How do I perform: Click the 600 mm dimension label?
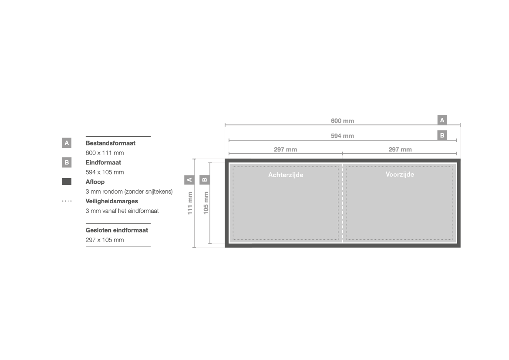[x=342, y=121]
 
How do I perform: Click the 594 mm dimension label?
[x=342, y=136]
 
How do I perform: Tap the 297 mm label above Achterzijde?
[x=285, y=150]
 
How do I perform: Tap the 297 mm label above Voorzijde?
[x=400, y=150]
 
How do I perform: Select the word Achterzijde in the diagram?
[x=286, y=175]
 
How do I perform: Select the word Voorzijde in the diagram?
[x=400, y=174]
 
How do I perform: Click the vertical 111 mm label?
[x=190, y=203]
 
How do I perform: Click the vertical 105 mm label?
[x=206, y=203]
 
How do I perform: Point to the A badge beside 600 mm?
[x=442, y=120]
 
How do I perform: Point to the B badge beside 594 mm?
[x=442, y=135]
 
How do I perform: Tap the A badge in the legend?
[x=67, y=143]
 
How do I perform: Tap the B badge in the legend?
[x=67, y=162]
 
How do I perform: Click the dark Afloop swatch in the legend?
[x=67, y=182]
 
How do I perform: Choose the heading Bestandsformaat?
[x=110, y=143]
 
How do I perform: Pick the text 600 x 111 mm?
[x=104, y=153]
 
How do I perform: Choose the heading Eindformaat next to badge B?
[x=103, y=163]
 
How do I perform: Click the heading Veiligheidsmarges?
[x=111, y=201]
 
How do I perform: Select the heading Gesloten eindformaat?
[x=117, y=230]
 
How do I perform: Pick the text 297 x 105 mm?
[x=104, y=240]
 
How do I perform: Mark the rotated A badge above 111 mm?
[x=189, y=179]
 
